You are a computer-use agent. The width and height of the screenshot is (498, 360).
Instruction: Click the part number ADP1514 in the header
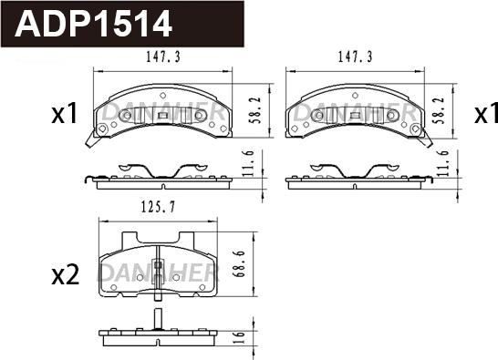93,24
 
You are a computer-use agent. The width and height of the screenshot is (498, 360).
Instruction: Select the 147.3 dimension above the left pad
163,57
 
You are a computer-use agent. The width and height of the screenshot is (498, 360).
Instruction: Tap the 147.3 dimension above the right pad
355,57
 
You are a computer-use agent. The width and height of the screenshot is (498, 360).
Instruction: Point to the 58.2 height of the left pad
256,110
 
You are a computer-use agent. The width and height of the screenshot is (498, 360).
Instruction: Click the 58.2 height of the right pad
441,110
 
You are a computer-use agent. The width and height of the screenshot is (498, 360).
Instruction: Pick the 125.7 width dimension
158,207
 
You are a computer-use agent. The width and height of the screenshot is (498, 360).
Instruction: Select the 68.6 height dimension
240,263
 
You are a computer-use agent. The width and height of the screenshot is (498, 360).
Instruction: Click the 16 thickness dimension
240,338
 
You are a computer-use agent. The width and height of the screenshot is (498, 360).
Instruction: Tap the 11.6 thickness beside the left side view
250,163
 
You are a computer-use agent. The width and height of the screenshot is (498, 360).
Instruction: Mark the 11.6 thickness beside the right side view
443,163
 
